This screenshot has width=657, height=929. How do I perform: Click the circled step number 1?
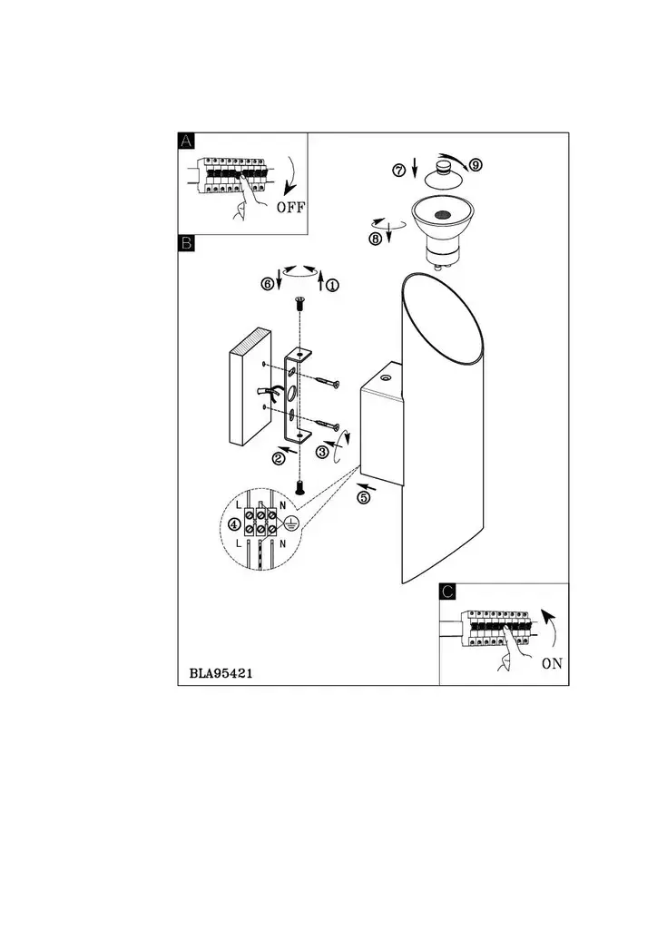pyautogui.click(x=333, y=285)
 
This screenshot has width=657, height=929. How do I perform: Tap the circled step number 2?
pyautogui.click(x=279, y=458)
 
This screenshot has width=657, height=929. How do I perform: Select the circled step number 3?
pyautogui.click(x=322, y=453)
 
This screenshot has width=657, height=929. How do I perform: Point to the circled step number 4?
pyautogui.click(x=235, y=523)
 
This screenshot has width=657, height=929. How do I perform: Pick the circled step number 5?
pyautogui.click(x=363, y=498)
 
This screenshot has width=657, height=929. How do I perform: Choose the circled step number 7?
pyautogui.click(x=398, y=171)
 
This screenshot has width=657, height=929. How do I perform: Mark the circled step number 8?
pyautogui.click(x=375, y=240)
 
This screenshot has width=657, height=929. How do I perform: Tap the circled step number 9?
pyautogui.click(x=476, y=165)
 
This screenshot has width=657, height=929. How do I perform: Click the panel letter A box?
pyautogui.click(x=186, y=141)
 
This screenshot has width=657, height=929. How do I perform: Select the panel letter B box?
pyautogui.click(x=186, y=243)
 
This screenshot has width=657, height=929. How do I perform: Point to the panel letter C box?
pyautogui.click(x=448, y=592)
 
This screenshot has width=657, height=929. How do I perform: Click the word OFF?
pyautogui.click(x=290, y=208)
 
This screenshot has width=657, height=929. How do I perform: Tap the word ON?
pyautogui.click(x=552, y=663)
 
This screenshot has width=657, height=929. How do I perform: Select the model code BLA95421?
pyautogui.click(x=221, y=674)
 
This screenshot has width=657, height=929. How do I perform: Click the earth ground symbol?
pyautogui.click(x=289, y=523)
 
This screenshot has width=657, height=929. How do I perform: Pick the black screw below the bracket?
pyautogui.click(x=299, y=487)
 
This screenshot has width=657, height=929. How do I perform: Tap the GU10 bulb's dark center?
pyautogui.click(x=440, y=216)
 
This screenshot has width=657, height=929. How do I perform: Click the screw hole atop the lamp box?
pyautogui.click(x=386, y=377)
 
